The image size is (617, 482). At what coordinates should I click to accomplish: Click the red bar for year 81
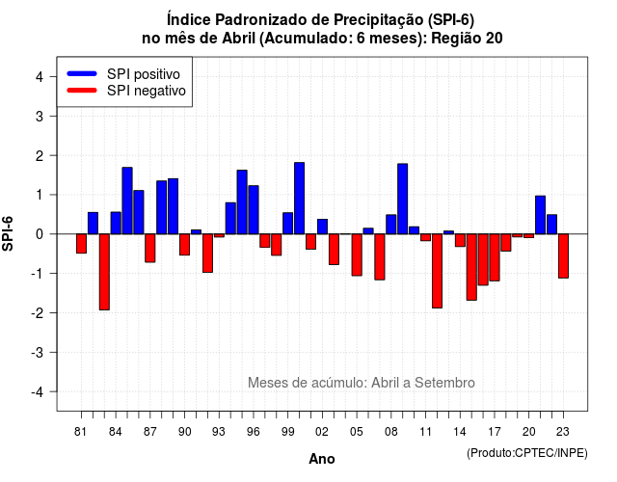(x=81, y=244)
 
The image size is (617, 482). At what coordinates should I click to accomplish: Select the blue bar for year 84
(x=116, y=223)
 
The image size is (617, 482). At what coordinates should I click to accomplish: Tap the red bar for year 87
(x=150, y=248)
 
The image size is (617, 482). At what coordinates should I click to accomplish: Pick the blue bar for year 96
(x=254, y=210)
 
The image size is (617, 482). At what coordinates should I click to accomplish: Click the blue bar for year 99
(x=288, y=224)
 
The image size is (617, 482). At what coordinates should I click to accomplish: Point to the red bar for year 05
(x=357, y=254)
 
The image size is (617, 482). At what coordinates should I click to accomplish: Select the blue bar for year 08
(x=391, y=225)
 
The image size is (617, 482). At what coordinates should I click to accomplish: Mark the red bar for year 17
(x=495, y=257)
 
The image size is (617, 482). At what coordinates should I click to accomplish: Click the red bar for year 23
(x=563, y=256)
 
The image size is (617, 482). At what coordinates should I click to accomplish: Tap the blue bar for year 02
(x=322, y=227)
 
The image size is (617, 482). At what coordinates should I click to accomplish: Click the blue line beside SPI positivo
(x=82, y=73)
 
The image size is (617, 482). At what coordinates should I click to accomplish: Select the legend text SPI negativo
(x=146, y=91)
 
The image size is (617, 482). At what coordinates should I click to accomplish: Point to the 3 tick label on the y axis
(x=40, y=116)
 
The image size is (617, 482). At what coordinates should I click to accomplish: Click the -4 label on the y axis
(x=38, y=392)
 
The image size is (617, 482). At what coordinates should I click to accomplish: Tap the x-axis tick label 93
(x=219, y=432)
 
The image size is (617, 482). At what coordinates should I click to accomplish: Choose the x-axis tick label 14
(x=460, y=432)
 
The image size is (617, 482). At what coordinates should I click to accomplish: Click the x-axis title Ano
(x=322, y=459)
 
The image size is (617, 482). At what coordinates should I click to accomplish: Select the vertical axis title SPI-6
(x=8, y=233)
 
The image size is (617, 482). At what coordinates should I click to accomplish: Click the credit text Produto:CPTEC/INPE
(x=527, y=453)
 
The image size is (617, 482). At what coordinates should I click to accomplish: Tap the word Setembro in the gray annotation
(x=444, y=383)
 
